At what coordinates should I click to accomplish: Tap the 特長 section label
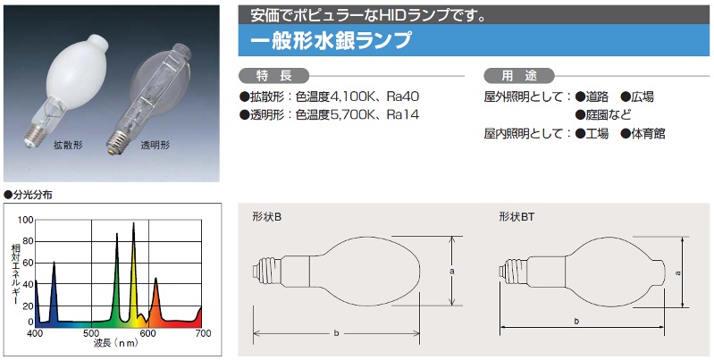(x=273, y=75)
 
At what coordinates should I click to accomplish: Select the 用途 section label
(x=518, y=75)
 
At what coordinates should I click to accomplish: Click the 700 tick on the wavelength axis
(x=202, y=334)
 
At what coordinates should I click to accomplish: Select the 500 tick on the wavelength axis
(x=91, y=334)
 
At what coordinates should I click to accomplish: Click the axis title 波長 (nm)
(x=118, y=345)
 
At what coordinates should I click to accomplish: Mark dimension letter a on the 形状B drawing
(x=452, y=269)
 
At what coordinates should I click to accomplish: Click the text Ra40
(x=402, y=96)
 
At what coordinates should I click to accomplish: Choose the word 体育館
(x=648, y=133)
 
